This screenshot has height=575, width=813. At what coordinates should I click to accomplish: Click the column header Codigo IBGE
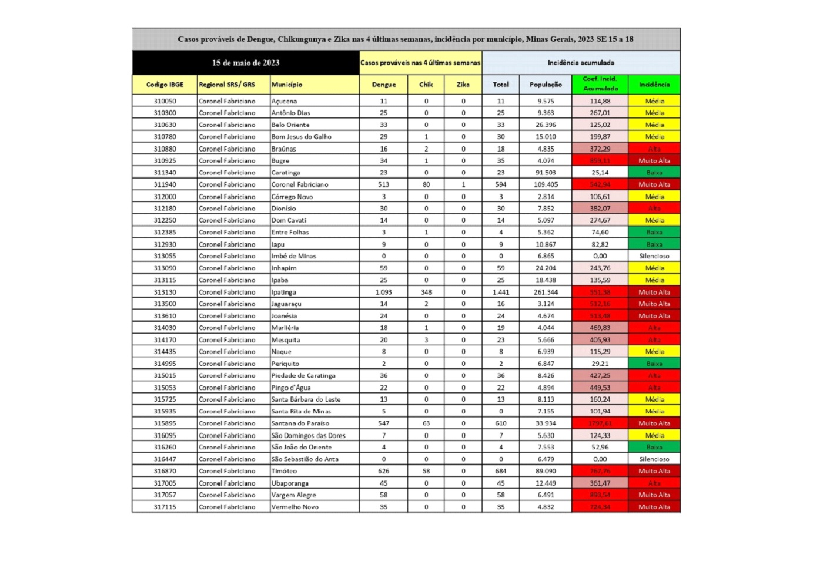coord(165,85)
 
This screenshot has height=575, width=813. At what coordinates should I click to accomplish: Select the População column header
coord(546,85)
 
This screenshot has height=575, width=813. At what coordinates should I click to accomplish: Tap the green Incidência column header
coord(654,85)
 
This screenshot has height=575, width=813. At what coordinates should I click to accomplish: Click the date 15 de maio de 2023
coord(246,63)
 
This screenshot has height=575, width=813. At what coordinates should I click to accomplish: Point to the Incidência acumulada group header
coord(581,63)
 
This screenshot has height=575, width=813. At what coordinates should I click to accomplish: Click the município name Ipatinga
coord(284,292)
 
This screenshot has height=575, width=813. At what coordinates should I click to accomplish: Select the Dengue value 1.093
coord(383,292)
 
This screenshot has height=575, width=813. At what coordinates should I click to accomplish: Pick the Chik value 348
coord(426,292)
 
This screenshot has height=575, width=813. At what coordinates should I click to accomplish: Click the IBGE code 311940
coord(165,184)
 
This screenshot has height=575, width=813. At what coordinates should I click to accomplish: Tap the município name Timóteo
coord(285,471)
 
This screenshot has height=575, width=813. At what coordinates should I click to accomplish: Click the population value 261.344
coord(546,292)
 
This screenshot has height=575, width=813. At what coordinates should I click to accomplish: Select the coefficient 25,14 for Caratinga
coord(600,173)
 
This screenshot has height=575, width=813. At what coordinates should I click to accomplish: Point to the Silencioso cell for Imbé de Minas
coord(654,256)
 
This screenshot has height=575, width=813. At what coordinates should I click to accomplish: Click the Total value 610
coord(501,423)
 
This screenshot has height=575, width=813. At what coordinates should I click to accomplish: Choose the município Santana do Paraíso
coord(300,423)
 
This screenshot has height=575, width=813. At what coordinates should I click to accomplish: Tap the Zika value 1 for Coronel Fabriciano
coord(463,184)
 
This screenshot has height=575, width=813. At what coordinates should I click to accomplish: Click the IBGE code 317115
coord(165,507)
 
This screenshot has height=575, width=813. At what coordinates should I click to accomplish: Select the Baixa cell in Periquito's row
coord(654,364)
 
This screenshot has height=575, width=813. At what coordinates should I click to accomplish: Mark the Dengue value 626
coord(383,471)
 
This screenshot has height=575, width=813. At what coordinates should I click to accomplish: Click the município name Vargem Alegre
coord(294,495)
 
